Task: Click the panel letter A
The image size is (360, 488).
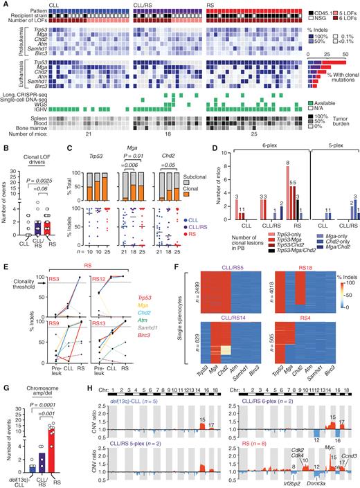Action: (x=4, y=5)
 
